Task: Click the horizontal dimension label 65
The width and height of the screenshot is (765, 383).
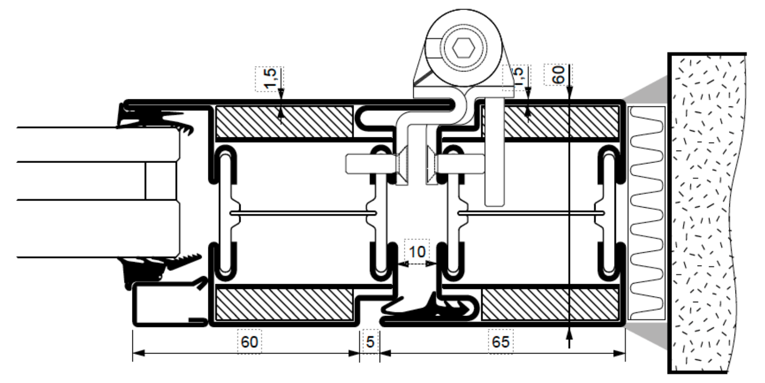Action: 500,341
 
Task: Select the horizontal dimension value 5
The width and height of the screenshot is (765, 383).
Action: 371,341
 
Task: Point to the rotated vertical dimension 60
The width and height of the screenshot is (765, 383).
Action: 559,74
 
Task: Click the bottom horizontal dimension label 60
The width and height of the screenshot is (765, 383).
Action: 250,341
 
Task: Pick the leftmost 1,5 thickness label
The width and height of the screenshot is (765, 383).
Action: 270,78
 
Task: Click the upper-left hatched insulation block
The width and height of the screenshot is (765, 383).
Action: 284,121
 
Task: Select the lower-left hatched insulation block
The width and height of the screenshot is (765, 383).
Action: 284,304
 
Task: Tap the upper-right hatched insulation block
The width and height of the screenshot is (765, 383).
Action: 560,121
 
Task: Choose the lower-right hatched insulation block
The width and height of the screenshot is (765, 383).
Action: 550,304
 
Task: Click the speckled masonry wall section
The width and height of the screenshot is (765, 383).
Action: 707,214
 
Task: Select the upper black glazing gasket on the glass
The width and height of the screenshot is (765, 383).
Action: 152,119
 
